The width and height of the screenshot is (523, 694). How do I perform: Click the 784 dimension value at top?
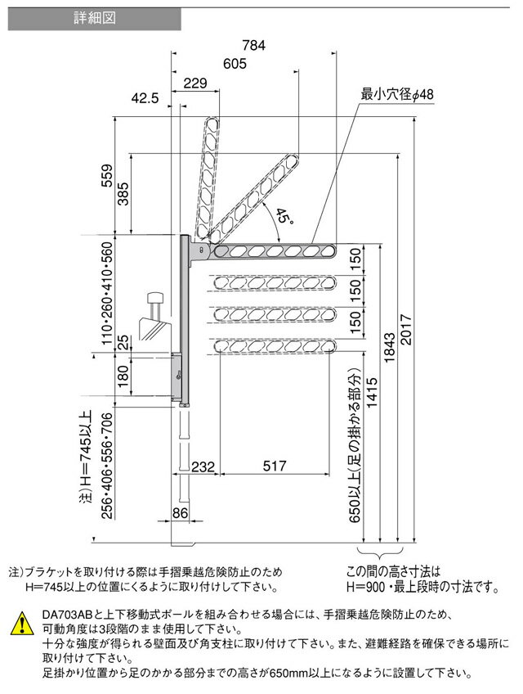[x=254, y=45]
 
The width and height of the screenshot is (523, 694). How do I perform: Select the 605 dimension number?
[x=235, y=64]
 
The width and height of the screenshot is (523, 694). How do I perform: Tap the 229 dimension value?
[x=195, y=83]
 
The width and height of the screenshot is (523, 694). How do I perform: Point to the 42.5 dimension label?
[x=145, y=98]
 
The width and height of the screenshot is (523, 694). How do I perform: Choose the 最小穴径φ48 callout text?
[x=397, y=94]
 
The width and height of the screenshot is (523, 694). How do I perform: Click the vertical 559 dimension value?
[x=107, y=176]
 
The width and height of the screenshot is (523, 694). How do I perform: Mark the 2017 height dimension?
[x=405, y=330]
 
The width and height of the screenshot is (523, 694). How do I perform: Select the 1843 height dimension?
[x=389, y=349]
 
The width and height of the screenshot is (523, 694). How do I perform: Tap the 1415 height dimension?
[x=373, y=393]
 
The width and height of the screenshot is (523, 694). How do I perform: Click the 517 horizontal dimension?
[x=275, y=466]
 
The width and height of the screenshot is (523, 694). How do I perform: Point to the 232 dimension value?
[x=203, y=466]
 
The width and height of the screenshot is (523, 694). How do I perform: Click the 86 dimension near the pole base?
[x=180, y=513]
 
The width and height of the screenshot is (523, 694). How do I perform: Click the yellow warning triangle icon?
[x=21, y=623]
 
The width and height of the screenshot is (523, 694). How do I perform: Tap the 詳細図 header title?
[x=95, y=18]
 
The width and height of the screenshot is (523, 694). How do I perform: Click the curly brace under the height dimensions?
[x=380, y=553]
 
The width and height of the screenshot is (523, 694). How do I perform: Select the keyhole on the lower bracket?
[x=179, y=375]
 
